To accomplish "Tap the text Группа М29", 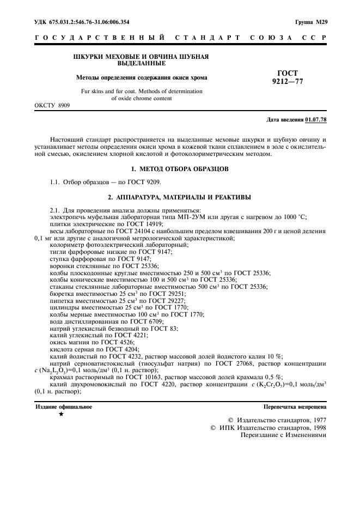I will coord(310,22).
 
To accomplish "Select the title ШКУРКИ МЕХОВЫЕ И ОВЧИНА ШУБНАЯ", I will coord(141,57).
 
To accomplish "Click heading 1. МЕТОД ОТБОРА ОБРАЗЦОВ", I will coord(180,169).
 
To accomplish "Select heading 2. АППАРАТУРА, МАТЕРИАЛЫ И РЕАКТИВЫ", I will coord(180,196).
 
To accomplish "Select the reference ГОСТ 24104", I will coord(129,230).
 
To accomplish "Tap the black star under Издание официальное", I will coord(61,415).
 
